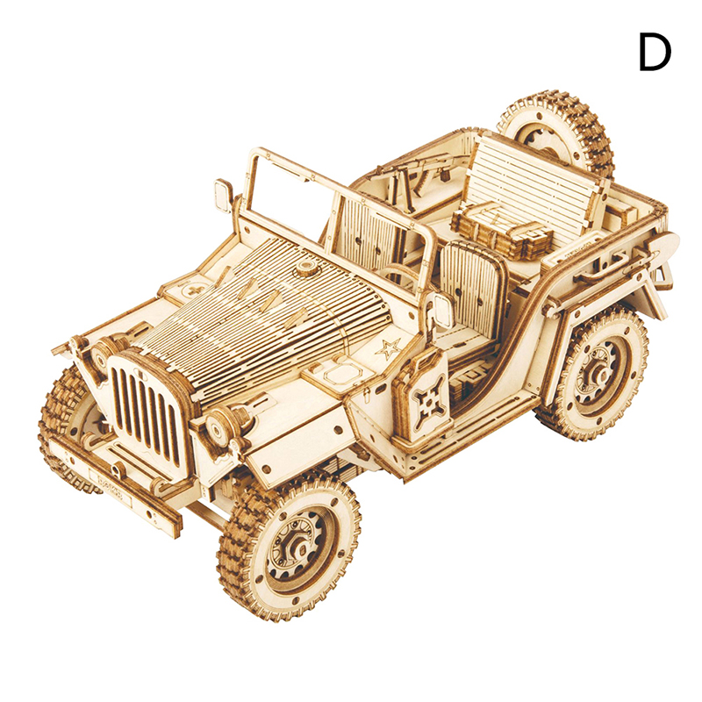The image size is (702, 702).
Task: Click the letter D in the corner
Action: (x=654, y=53)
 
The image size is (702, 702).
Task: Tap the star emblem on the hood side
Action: (x=388, y=347)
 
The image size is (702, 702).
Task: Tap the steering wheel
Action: (x=400, y=276)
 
